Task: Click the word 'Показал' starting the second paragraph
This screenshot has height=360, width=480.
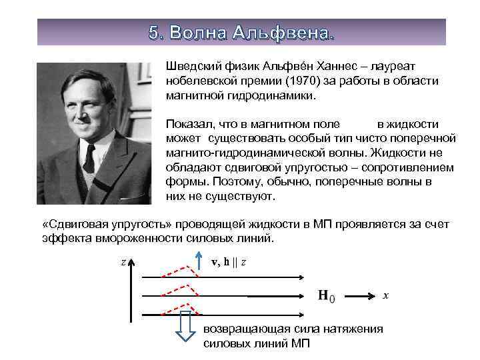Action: point(187,124)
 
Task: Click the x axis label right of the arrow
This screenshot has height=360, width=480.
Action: point(385,295)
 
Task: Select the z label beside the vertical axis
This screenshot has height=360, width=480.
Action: point(123,262)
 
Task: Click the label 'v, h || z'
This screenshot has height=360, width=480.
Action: point(229,262)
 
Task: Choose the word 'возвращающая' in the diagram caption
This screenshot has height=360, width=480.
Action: point(245,329)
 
